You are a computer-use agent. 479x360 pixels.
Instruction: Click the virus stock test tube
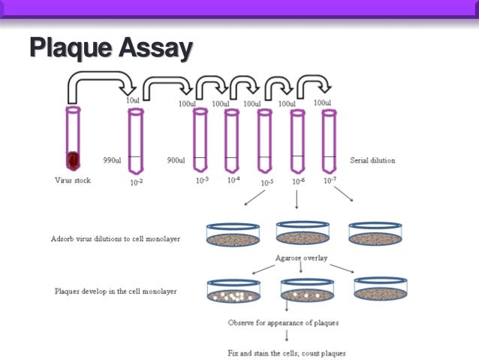coord(73,138)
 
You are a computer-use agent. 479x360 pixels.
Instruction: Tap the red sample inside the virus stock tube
coord(73,160)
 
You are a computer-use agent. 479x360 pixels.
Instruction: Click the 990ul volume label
coord(113,160)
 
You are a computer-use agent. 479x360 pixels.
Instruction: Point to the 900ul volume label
coord(177,160)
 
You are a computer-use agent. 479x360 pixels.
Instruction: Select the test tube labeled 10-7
coord(328,141)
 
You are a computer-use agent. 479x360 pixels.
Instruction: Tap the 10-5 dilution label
coord(267,182)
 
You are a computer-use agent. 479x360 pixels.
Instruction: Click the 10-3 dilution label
coord(201,180)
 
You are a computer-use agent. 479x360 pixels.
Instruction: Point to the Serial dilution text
coord(372,160)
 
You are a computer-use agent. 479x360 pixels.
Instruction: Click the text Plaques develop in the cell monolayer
coord(116,291)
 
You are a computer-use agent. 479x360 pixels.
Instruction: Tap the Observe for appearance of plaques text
coord(282,322)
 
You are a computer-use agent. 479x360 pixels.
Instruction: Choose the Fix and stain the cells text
coord(286,352)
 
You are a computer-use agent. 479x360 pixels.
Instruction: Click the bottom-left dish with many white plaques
coord(233,291)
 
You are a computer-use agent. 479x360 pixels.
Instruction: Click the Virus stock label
coord(73,180)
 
